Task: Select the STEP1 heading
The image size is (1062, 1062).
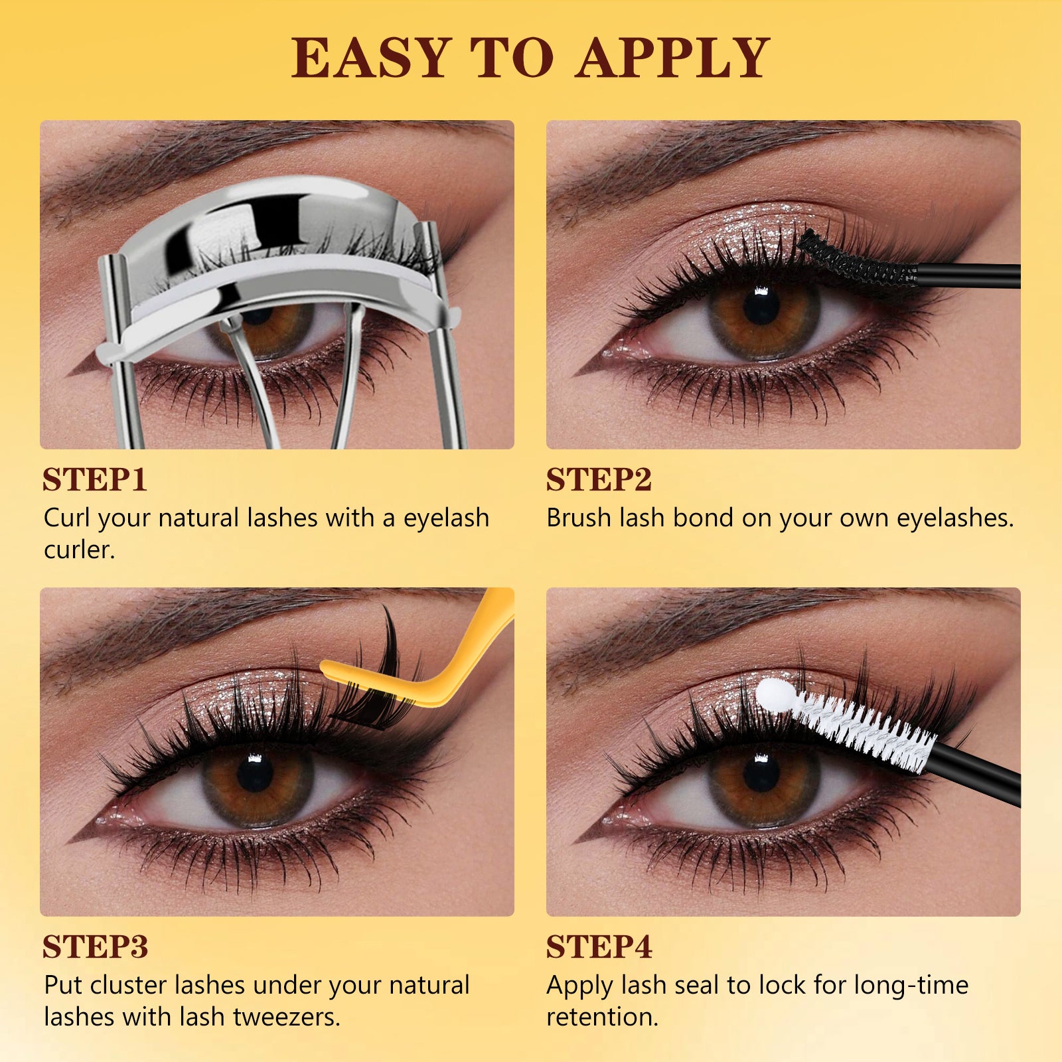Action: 94,479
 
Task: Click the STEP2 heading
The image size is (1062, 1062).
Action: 599,479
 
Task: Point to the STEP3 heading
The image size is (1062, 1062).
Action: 95,947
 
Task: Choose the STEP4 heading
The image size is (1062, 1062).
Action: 599,947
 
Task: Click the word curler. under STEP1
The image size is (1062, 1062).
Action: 80,550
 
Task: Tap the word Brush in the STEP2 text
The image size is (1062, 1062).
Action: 579,518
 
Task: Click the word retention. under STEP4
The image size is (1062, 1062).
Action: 602,1017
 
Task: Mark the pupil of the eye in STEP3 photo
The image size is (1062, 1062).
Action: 255,774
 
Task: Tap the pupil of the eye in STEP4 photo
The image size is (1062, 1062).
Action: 761,774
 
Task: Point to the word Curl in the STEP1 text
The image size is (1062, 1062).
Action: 67,518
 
